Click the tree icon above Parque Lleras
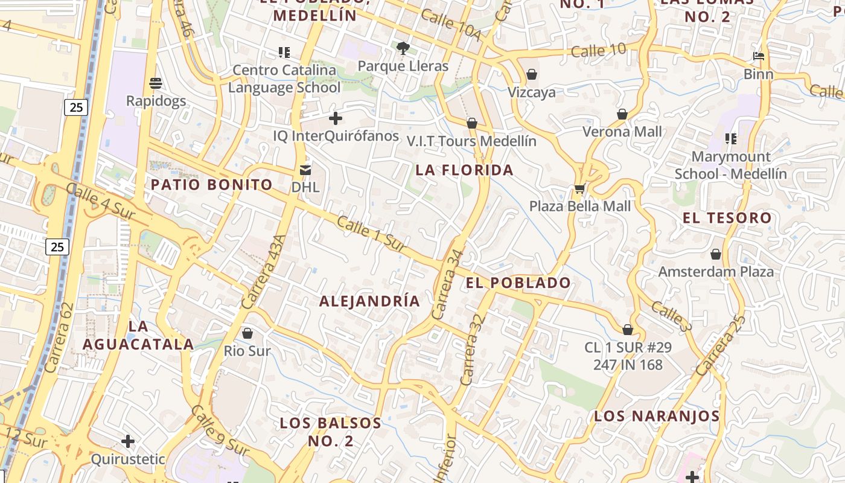(x=403, y=48)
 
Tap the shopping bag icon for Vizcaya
(x=532, y=74)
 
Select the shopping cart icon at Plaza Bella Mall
(x=579, y=188)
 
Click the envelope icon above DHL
(x=305, y=170)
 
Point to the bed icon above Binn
(x=759, y=57)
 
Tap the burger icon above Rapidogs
(x=156, y=83)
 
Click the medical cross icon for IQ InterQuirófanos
(x=336, y=118)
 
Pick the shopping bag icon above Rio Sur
(x=247, y=333)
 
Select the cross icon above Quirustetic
(x=128, y=441)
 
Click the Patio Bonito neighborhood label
(x=212, y=185)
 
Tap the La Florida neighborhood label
(x=465, y=170)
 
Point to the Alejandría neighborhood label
(x=369, y=301)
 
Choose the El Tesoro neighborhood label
(x=727, y=218)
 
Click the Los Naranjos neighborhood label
(x=657, y=416)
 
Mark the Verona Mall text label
(x=622, y=132)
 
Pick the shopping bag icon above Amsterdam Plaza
(x=716, y=254)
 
